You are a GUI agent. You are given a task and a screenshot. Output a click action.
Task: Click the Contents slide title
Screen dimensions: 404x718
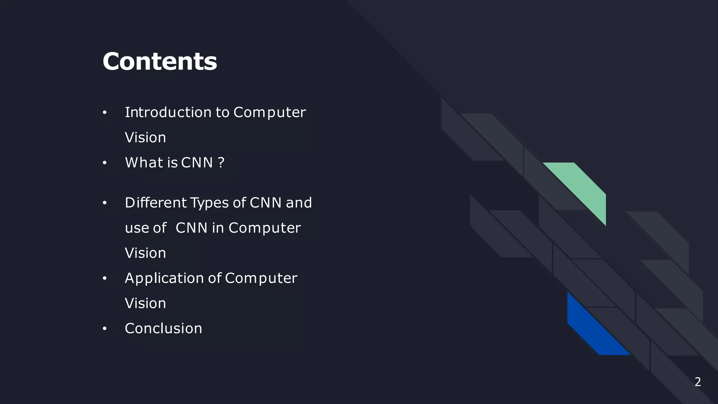(x=160, y=61)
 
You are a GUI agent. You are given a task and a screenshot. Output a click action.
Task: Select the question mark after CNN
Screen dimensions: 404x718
(x=221, y=163)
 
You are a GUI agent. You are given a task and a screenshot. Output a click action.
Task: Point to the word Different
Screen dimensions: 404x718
(x=156, y=203)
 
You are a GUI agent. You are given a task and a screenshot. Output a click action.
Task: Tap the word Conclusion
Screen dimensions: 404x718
(x=163, y=329)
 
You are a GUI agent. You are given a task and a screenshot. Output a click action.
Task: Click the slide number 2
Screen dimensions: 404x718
(x=698, y=382)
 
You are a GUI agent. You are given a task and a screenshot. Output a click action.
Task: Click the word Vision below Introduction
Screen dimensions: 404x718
(x=145, y=137)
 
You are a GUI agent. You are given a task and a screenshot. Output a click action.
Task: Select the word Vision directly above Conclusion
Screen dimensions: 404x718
(x=145, y=303)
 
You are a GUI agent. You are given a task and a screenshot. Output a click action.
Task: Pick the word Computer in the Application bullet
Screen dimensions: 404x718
(x=261, y=278)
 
